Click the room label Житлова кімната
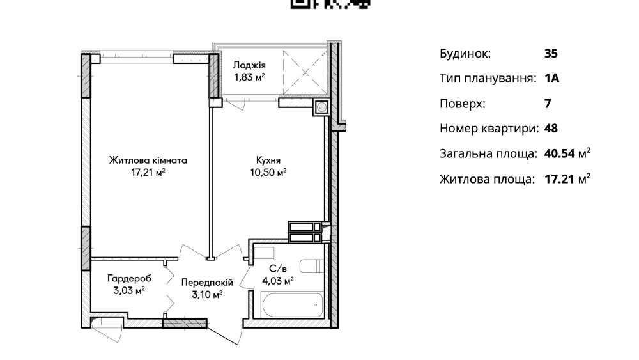(148, 160)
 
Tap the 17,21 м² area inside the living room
(148, 173)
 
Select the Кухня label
(268, 160)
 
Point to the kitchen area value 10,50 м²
(268, 173)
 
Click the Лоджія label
(249, 65)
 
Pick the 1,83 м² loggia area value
(249, 77)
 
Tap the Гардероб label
(129, 278)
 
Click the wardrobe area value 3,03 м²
(129, 290)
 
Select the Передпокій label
(207, 282)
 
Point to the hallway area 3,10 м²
(207, 294)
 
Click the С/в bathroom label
(279, 269)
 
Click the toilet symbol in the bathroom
(312, 266)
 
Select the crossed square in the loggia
(305, 74)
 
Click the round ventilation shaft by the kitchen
(321, 107)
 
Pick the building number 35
(551, 54)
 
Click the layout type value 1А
(552, 78)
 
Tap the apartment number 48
(551, 129)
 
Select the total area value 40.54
(560, 153)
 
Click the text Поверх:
(463, 104)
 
